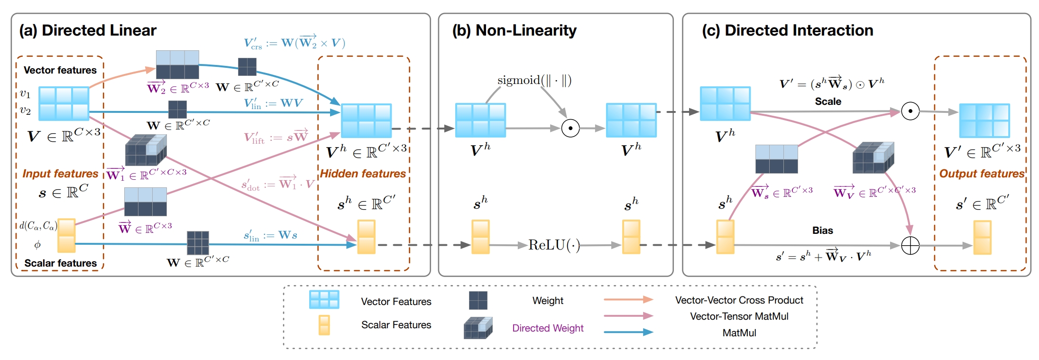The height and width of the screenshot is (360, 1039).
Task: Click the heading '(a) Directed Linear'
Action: point(88,30)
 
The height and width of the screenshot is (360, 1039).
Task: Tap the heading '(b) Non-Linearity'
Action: point(514,30)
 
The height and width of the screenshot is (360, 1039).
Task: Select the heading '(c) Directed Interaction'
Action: point(787,30)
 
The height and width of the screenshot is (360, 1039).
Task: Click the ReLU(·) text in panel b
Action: point(554,245)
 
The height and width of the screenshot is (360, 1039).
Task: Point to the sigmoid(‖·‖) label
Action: point(534,80)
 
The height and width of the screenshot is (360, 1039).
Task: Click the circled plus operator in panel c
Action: point(910,245)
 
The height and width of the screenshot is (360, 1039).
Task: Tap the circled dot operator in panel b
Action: point(570,128)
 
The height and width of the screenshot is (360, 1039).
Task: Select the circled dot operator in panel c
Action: point(910,111)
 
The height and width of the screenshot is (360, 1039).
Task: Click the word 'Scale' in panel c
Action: point(828,102)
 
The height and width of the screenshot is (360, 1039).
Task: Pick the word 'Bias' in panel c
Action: point(822,231)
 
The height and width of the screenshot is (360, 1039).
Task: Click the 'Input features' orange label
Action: point(60,174)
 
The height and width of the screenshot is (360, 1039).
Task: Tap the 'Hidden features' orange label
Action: point(363,174)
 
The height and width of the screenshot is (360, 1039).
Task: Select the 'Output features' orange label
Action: point(982,174)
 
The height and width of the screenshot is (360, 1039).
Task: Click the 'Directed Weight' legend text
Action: point(548,328)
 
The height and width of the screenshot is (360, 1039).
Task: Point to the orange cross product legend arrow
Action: point(628,299)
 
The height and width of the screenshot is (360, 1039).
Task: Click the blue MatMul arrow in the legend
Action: point(628,332)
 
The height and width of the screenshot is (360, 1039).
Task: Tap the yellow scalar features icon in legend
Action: point(324,325)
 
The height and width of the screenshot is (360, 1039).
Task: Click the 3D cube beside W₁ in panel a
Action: point(146,150)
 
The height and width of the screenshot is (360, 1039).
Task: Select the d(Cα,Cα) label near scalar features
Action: point(38,226)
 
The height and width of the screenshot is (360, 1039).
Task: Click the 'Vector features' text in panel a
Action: point(60,70)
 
